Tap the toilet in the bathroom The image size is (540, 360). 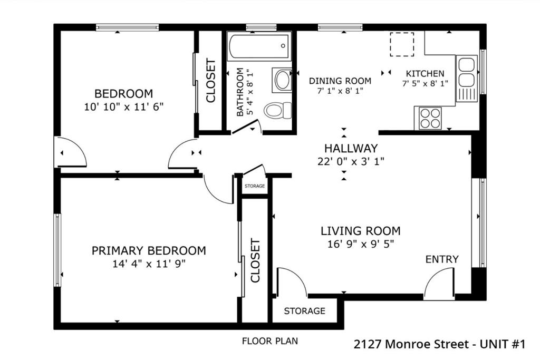click(x=278, y=110)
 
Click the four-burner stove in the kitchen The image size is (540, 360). click(x=430, y=118)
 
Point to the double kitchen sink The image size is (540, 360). click(x=467, y=72)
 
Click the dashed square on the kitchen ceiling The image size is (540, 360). click(x=402, y=44)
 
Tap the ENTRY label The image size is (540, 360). click(x=442, y=259)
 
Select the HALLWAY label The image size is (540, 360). click(x=351, y=148)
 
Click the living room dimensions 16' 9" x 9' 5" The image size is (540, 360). click(x=361, y=244)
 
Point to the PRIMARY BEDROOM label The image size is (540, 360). click(x=149, y=250)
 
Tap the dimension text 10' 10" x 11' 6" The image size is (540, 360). click(x=123, y=106)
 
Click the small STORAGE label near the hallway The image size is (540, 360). click(x=255, y=186)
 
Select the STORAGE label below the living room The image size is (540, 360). click(x=304, y=311)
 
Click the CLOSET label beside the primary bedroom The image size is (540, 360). click(x=255, y=260)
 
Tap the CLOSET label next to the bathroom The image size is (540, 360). click(x=211, y=81)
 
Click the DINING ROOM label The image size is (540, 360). click(x=340, y=81)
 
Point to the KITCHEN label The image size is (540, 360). click(x=425, y=73)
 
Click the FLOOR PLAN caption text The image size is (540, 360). click(x=270, y=341)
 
